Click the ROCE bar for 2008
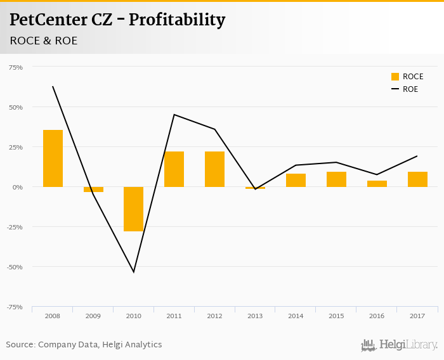pos(53,158)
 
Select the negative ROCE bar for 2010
pos(133,209)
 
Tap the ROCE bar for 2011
pos(174,169)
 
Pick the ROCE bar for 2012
pos(214,169)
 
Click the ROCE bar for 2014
pos(296,180)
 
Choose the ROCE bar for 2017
pos(417,179)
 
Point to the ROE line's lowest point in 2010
pos(133,272)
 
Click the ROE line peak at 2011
pos(174,115)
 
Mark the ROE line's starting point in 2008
pos(53,87)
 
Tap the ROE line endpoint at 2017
pos(417,156)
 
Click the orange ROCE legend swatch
pos(395,77)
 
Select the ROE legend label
pos(410,89)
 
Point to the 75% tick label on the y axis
pos(15,67)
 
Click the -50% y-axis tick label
pos(14,267)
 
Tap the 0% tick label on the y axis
pos(17,187)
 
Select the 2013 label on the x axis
pos(255,315)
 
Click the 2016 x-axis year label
pos(377,315)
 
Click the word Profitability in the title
pos(177,20)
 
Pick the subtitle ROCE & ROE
pos(44,41)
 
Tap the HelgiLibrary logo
pos(400,345)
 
